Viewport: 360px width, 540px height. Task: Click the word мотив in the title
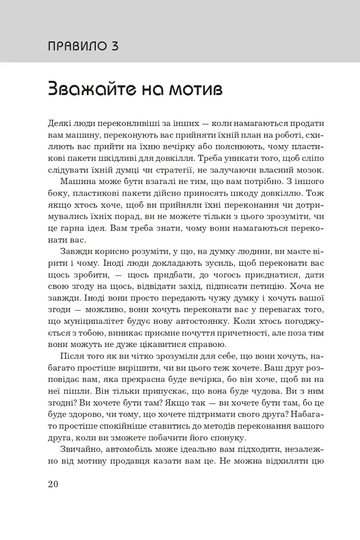coord(192,89)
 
